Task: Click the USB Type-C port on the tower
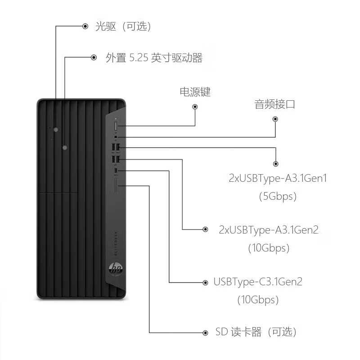point(116,171)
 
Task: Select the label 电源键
point(195,92)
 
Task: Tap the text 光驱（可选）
point(123,27)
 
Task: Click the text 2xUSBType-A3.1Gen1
point(278,179)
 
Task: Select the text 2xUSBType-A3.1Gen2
point(269,230)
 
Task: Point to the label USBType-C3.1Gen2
point(258,282)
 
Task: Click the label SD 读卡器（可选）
point(256,333)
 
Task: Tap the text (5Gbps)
point(278,197)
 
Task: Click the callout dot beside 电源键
point(195,107)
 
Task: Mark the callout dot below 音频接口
point(275,119)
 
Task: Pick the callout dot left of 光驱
point(85,27)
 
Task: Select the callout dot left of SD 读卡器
point(205,333)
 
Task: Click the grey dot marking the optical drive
point(56,130)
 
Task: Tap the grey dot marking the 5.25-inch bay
point(65,147)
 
